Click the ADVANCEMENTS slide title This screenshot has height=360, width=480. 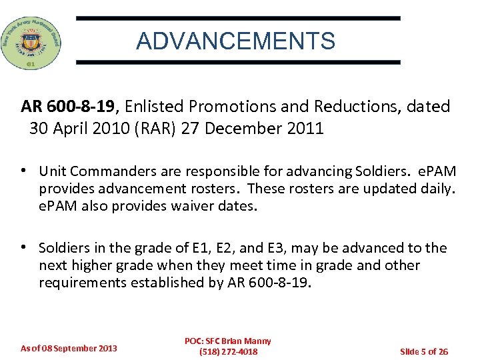235,41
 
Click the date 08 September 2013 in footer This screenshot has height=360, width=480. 78,348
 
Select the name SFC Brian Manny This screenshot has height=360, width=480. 237,341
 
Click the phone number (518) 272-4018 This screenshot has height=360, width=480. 228,352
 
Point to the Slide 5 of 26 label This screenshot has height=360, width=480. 423,351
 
